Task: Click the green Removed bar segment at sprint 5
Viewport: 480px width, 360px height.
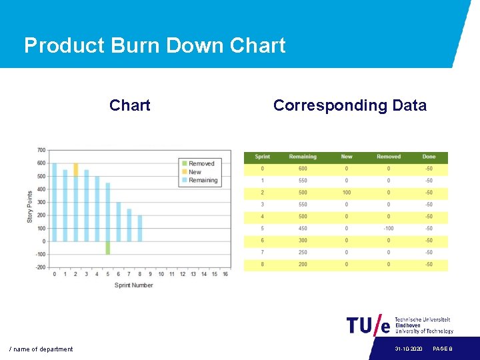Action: coord(107,247)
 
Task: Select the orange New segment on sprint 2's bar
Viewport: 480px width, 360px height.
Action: coord(75,169)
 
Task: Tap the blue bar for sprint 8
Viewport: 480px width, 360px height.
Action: coord(139,228)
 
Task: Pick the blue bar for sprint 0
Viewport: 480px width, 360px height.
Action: coord(54,202)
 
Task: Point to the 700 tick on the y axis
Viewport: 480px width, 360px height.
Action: coord(41,150)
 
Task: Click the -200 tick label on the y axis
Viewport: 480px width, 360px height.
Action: coord(40,267)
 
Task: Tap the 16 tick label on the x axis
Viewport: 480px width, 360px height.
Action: coord(225,274)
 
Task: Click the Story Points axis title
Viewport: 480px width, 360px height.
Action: coord(30,207)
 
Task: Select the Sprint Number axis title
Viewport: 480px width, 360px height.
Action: coord(133,285)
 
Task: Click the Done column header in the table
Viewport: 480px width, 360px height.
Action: coord(429,157)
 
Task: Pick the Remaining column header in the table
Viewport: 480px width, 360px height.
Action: coord(303,157)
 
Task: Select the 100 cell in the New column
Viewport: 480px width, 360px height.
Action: coord(347,193)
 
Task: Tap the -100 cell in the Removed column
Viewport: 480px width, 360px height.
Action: coord(389,229)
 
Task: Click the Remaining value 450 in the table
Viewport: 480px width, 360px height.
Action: coord(303,229)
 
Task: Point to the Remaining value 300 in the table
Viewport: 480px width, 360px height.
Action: coord(303,241)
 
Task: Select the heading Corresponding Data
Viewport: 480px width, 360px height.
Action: coord(349,105)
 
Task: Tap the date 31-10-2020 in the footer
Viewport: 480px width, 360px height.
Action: coord(408,349)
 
